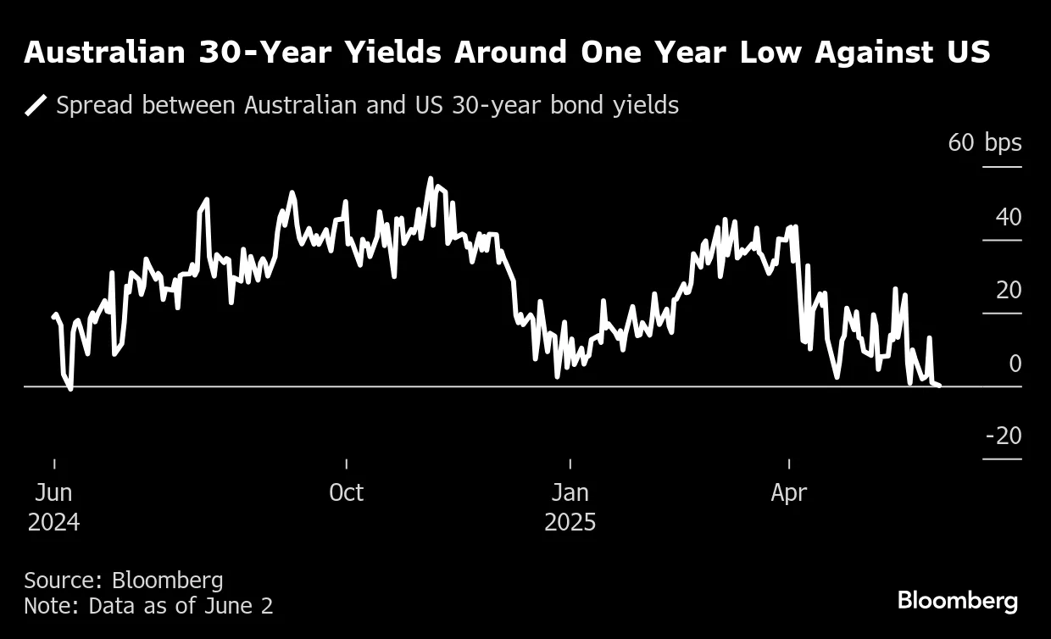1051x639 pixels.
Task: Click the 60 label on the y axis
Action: [961, 143]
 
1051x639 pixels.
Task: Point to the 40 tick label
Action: [1008, 217]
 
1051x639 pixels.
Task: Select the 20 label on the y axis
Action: [1008, 290]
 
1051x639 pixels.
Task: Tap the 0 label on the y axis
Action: [1015, 364]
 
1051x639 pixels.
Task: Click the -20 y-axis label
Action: [1004, 436]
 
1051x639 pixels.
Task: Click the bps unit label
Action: [1004, 143]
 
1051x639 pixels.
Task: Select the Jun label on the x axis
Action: [53, 492]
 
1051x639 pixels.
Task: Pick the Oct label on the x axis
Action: [346, 492]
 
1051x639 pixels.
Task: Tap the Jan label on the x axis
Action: [570, 492]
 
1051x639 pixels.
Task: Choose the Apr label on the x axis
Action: [788, 492]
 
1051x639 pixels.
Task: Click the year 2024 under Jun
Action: [53, 522]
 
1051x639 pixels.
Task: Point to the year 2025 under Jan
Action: [570, 522]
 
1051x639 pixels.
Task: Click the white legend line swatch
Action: [36, 106]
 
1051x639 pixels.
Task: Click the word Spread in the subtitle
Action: [94, 106]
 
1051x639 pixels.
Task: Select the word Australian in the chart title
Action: [105, 53]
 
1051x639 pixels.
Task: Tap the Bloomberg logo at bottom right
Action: [957, 601]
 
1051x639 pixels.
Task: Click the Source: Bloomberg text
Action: [124, 581]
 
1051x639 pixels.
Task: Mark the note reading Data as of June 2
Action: [148, 606]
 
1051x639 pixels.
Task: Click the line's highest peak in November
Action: [431, 179]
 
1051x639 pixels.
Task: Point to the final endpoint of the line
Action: [939, 386]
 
